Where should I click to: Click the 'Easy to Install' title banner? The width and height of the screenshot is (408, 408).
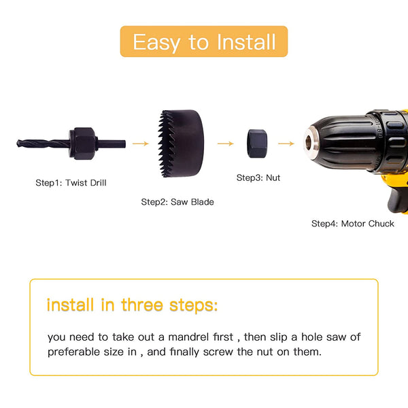click(204, 41)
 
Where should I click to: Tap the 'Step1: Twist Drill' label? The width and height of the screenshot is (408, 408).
click(71, 183)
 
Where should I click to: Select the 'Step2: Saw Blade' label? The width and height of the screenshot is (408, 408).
click(177, 202)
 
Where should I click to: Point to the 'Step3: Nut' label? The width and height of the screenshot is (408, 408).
click(258, 177)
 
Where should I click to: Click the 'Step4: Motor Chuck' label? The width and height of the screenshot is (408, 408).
click(352, 224)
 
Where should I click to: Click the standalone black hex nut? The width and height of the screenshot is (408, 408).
click(257, 143)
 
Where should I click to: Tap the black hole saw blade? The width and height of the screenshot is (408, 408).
click(181, 143)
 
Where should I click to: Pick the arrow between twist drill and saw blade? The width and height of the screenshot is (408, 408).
click(141, 143)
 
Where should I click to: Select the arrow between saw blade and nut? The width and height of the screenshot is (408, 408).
click(226, 143)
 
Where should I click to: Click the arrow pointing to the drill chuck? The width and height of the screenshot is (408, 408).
click(286, 143)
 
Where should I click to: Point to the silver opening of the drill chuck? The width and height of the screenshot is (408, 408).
click(309, 142)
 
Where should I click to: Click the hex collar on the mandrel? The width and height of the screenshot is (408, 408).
click(83, 143)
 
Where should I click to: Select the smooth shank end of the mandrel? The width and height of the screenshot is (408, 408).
click(112, 143)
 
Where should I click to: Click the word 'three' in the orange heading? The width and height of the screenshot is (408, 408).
click(142, 305)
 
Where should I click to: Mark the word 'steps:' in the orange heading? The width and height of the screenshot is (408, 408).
click(193, 305)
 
